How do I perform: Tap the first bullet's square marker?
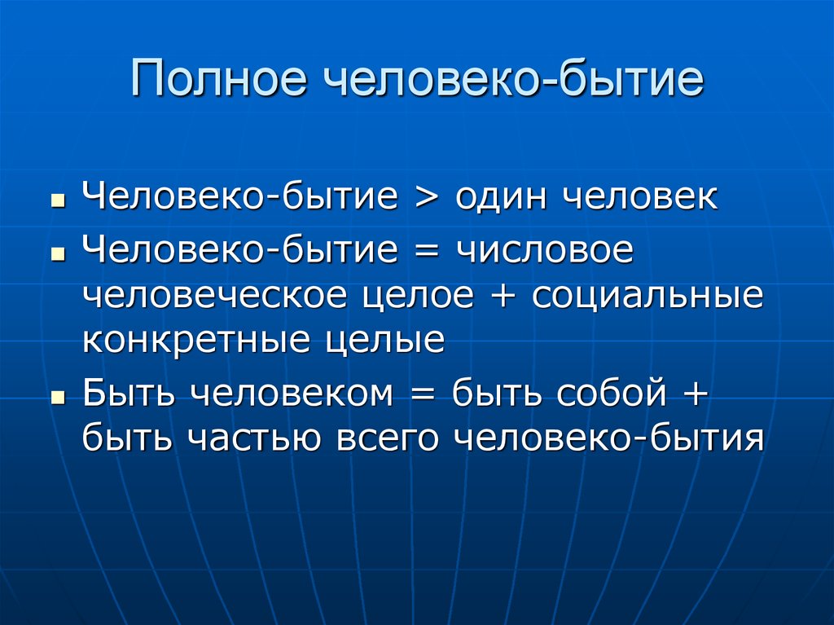[x=58, y=201]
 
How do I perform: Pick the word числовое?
[x=545, y=250]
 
